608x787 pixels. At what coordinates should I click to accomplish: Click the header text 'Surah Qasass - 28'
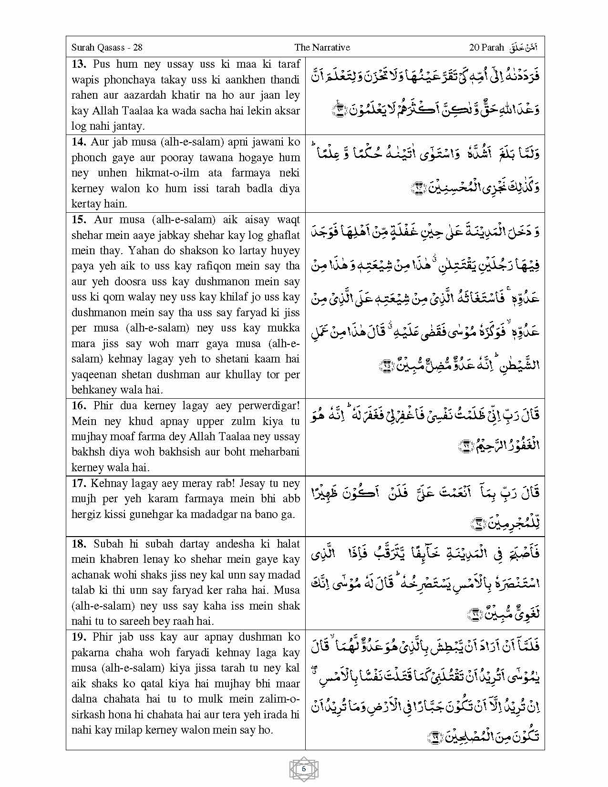coord(107,47)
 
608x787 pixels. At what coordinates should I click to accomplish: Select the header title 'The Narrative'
coord(322,47)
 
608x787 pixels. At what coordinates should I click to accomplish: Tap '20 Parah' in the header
coord(486,47)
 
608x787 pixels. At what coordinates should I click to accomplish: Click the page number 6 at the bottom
coord(304,768)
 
